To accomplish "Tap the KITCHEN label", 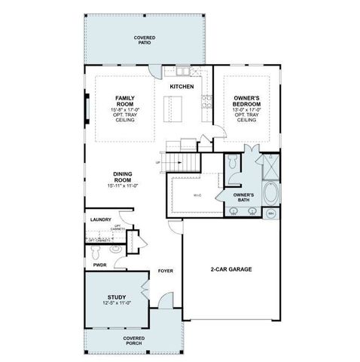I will tap(182, 87).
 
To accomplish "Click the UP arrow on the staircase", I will tap(157, 161).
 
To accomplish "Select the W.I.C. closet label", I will tap(197, 196).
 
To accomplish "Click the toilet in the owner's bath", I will tap(233, 162).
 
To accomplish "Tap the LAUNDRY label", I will tap(100, 220).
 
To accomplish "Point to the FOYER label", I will tap(165, 270).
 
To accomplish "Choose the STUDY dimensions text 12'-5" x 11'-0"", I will tap(117, 302).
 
